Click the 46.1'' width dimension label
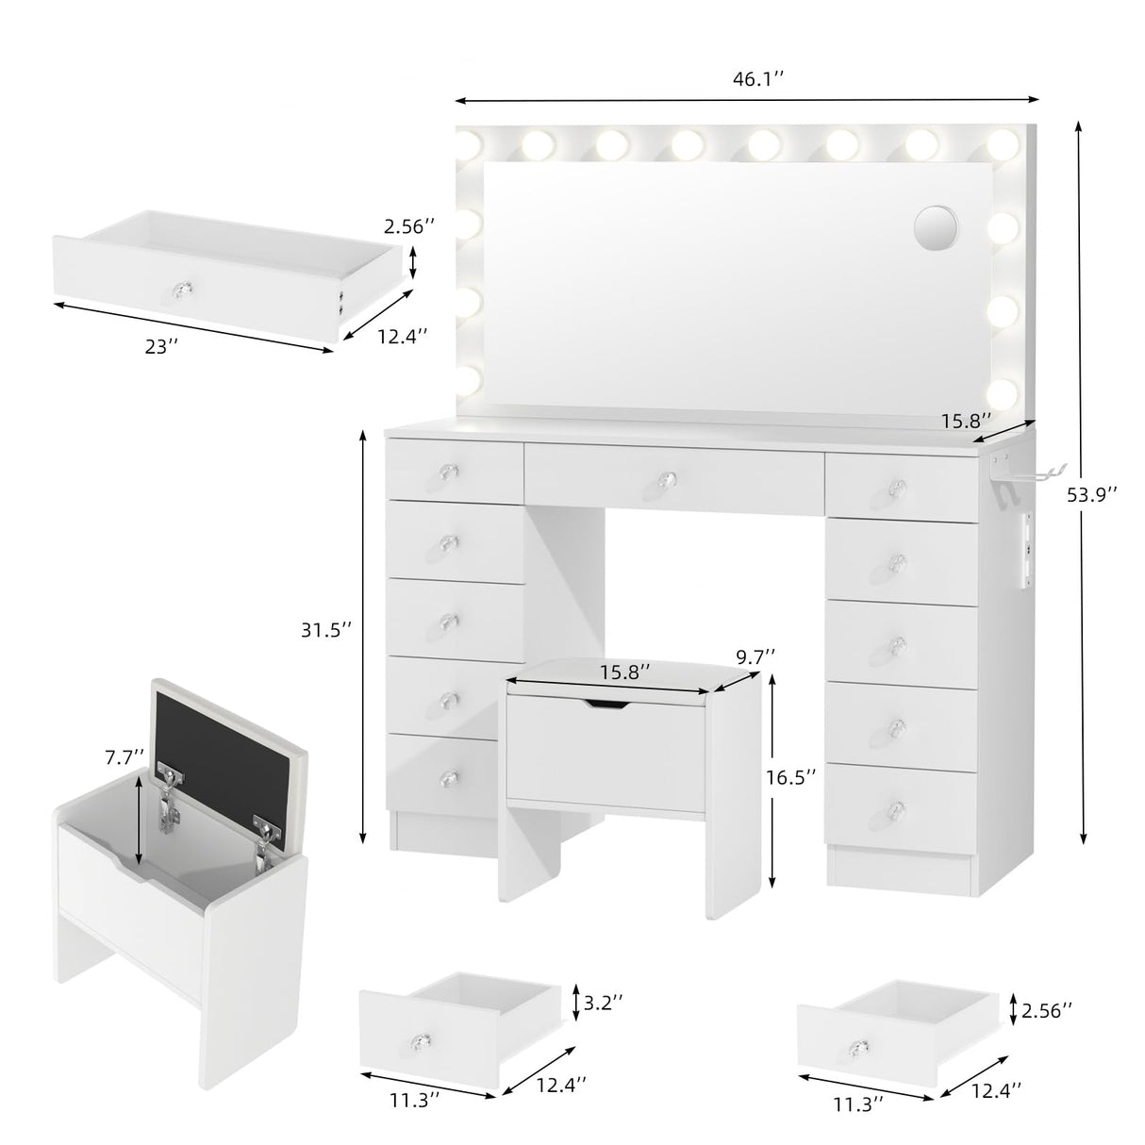point(758,80)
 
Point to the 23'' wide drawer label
point(162,346)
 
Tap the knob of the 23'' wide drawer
point(178,287)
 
